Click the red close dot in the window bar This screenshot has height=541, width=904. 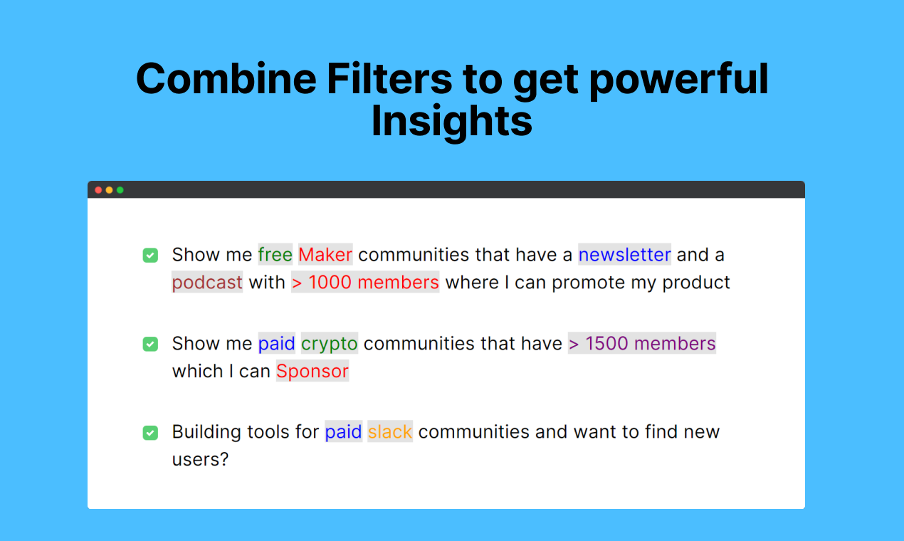(98, 190)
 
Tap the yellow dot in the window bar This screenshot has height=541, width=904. (109, 190)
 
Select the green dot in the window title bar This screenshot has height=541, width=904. (120, 190)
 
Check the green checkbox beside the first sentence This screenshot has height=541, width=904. (150, 255)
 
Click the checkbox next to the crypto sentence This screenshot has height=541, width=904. (150, 344)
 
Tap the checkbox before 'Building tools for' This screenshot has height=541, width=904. (150, 433)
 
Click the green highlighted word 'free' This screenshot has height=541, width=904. (275, 254)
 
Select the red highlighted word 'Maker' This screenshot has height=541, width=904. (325, 254)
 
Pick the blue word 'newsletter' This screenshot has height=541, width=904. (625, 254)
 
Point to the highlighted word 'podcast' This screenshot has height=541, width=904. (207, 282)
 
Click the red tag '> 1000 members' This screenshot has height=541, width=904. (365, 282)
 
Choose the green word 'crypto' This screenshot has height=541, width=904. (330, 343)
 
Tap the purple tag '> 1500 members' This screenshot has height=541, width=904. (642, 343)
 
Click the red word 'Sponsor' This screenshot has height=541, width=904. (312, 371)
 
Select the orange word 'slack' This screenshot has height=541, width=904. (390, 431)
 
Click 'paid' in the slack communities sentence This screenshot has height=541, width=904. (343, 431)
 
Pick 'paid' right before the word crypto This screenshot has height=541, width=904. (277, 343)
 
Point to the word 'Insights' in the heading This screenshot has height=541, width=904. (451, 121)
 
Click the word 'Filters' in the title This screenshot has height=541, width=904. (389, 78)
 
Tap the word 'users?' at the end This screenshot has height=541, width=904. (201, 459)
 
